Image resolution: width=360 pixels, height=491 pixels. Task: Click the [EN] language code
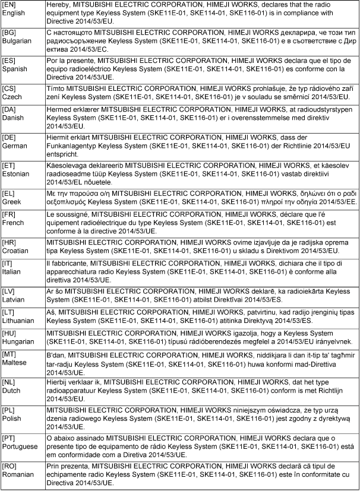point(11,5)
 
